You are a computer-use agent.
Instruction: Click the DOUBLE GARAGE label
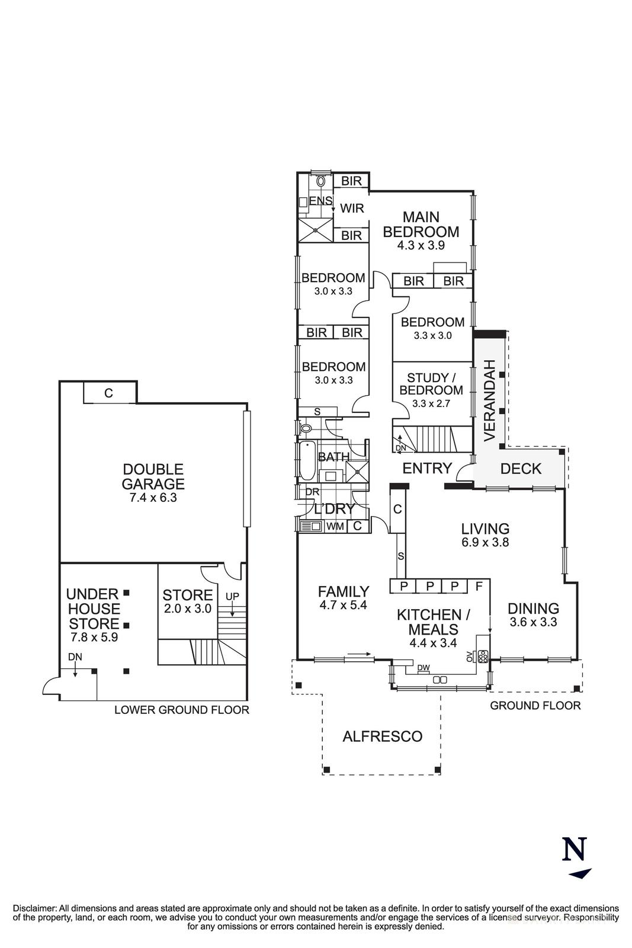click(x=153, y=476)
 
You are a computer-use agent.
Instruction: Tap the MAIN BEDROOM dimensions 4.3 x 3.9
click(x=421, y=245)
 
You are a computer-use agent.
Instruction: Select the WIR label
click(x=352, y=208)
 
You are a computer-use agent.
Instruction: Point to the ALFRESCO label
click(x=383, y=736)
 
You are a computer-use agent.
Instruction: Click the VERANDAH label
click(x=489, y=401)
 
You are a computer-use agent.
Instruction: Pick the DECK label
click(x=520, y=469)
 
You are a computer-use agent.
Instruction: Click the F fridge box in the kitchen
click(x=479, y=586)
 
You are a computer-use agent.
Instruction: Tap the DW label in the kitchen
click(x=423, y=668)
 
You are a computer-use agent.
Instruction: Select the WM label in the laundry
click(x=335, y=527)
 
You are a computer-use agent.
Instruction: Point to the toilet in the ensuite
click(x=320, y=181)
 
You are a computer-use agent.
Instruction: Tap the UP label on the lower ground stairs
click(x=232, y=596)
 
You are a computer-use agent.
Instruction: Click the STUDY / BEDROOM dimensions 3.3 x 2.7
click(x=431, y=403)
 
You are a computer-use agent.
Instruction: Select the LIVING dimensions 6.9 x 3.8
click(x=485, y=542)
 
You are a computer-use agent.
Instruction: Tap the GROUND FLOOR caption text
click(x=535, y=706)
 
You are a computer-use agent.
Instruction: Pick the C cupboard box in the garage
click(x=109, y=393)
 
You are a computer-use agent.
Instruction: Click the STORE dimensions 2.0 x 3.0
click(x=187, y=609)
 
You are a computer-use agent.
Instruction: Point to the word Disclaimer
click(x=34, y=909)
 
